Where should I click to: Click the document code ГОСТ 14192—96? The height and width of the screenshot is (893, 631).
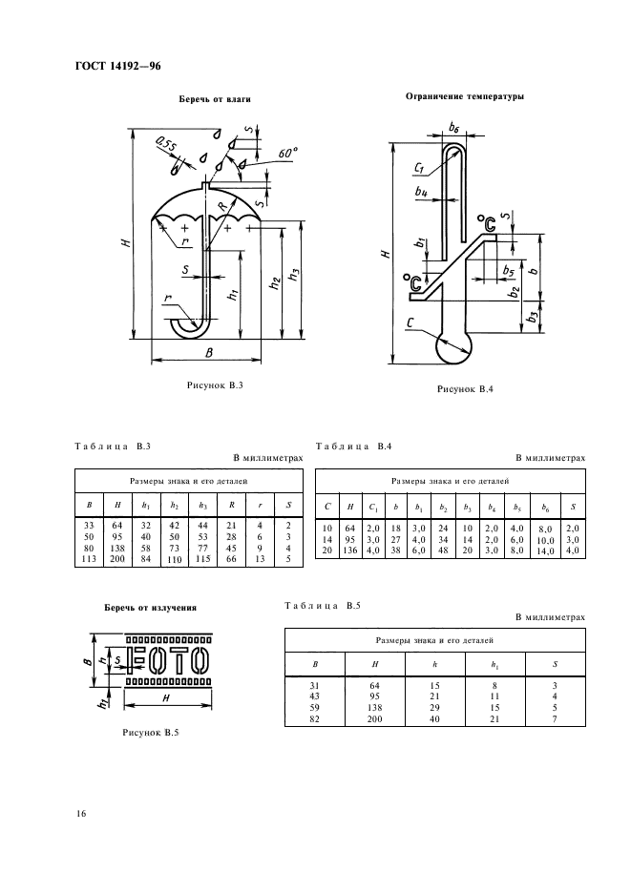coord(118,66)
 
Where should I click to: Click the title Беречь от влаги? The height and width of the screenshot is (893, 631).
coord(215,99)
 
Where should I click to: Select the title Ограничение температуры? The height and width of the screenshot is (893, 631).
coord(465,96)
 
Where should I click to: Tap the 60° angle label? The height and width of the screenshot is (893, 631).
coord(288,154)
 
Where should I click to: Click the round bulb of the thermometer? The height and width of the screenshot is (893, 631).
coord(454,347)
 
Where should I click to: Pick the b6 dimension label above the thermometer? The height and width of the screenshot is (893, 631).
coord(453,128)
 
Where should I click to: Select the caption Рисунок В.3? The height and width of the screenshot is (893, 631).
coord(215,385)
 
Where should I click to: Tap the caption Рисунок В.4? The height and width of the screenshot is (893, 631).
coord(465,389)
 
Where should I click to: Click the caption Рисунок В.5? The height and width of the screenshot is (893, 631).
coord(151,733)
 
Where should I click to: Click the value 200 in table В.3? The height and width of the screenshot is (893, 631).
coord(116,559)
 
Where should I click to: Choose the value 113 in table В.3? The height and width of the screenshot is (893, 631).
coord(89,559)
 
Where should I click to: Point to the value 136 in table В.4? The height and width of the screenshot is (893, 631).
coord(350,550)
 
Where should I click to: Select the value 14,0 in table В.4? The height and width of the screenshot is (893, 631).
coord(545,551)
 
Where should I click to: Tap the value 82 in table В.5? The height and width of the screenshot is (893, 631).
coord(315,718)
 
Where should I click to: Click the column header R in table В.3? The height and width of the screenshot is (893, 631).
coord(231,505)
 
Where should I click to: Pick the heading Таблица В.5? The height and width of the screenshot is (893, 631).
coord(323,606)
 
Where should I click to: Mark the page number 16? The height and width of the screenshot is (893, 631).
coord(81,813)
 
